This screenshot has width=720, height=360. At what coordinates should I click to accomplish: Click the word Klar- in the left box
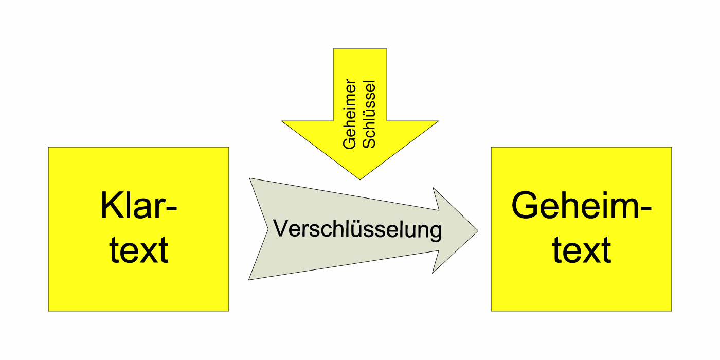[x=138, y=206]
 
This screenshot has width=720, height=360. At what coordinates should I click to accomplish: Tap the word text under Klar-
[x=138, y=250]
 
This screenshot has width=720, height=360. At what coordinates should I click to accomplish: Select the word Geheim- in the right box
[x=581, y=206]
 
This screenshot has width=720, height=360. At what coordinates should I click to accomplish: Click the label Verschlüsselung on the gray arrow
[x=357, y=229]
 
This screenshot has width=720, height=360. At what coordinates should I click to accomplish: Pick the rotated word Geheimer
[x=350, y=114]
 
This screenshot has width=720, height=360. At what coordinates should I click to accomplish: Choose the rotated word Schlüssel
[x=369, y=114]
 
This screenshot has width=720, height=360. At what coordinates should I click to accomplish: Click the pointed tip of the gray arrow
[x=478, y=230]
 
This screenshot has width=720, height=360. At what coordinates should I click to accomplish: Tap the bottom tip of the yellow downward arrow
[x=359, y=179]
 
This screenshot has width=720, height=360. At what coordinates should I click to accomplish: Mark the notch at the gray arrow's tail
[x=269, y=229]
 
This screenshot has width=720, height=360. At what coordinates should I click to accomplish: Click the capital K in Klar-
[x=110, y=206]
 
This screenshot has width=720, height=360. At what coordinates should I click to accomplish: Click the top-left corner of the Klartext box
[x=49, y=148]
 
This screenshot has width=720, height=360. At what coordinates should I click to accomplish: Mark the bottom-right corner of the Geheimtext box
[x=671, y=311]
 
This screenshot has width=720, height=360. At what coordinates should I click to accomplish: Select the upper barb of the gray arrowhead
[x=434, y=188]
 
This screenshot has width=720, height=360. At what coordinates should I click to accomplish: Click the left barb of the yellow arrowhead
[x=282, y=121]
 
